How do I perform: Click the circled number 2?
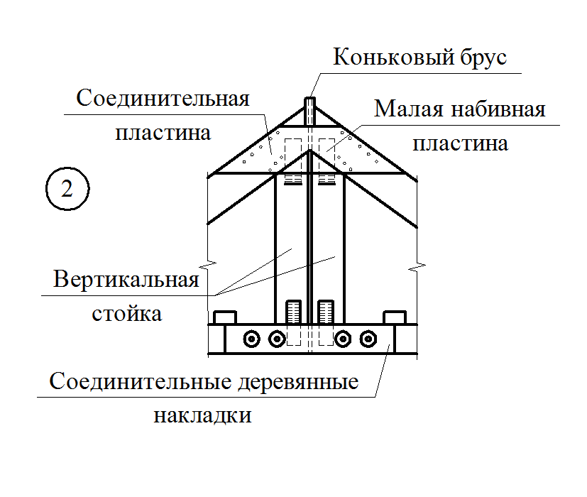67,189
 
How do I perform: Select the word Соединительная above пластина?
163,99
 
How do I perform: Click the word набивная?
498,109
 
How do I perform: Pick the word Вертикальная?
126,280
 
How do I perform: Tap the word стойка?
127,314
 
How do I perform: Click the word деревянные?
298,382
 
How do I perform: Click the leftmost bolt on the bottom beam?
251,339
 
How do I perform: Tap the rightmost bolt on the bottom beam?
368,339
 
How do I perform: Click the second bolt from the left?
277,339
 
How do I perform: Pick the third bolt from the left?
343,339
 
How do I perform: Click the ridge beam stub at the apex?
309,111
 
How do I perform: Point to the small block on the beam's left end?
224,317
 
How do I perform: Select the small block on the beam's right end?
395,317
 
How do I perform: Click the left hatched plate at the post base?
294,312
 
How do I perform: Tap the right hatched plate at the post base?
326,312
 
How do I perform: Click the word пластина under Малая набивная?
461,144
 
